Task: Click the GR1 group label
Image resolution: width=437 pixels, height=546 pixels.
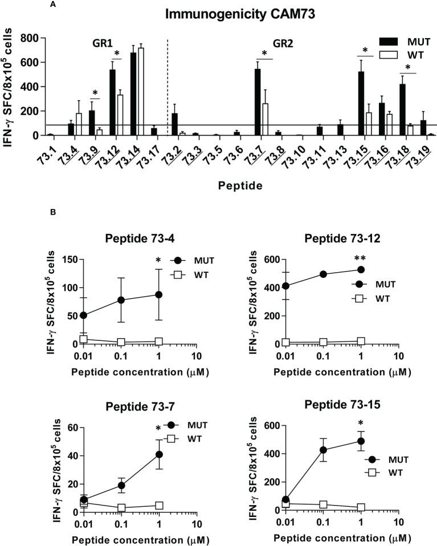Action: (103, 43)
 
